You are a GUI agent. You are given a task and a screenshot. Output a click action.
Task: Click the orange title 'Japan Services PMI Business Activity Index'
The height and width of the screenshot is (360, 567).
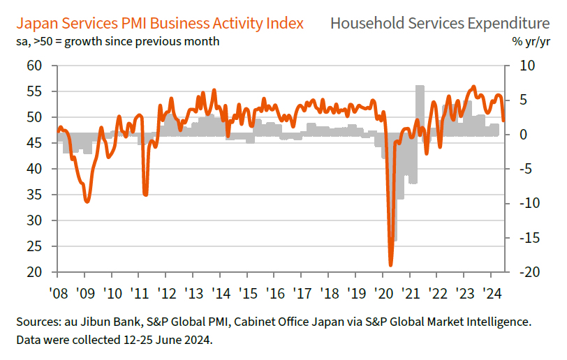tap(159, 23)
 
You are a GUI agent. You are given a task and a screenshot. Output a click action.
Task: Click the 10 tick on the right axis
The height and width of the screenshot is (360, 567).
tap(524, 66)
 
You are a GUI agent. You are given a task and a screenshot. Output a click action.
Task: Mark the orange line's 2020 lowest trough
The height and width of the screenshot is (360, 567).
tap(390, 264)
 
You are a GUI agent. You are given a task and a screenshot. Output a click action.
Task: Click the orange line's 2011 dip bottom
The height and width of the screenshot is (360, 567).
tap(145, 194)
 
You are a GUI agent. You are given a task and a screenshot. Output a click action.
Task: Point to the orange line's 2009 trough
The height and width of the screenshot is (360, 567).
tap(87, 201)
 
